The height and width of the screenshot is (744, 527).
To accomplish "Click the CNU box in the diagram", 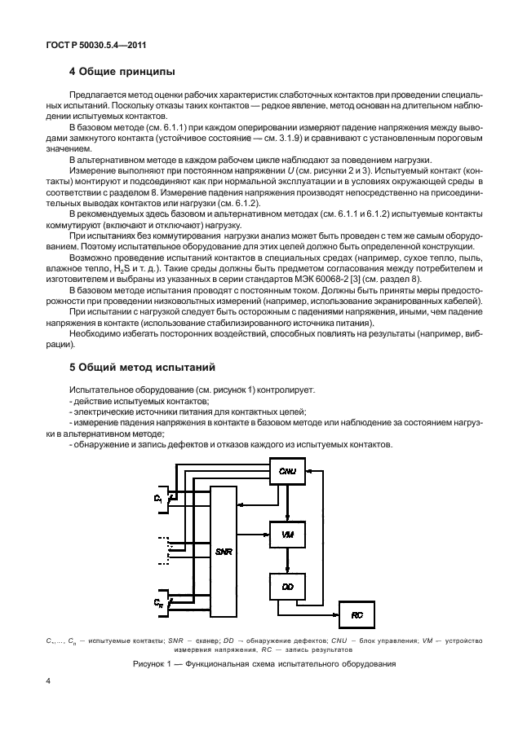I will pyautogui.click(x=287, y=472).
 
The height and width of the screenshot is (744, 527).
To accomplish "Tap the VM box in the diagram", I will pyautogui.click(x=287, y=534).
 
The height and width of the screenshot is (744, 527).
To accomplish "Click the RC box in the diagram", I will pyautogui.click(x=356, y=615).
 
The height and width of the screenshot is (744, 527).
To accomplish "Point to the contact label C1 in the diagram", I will pyautogui.click(x=158, y=496).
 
